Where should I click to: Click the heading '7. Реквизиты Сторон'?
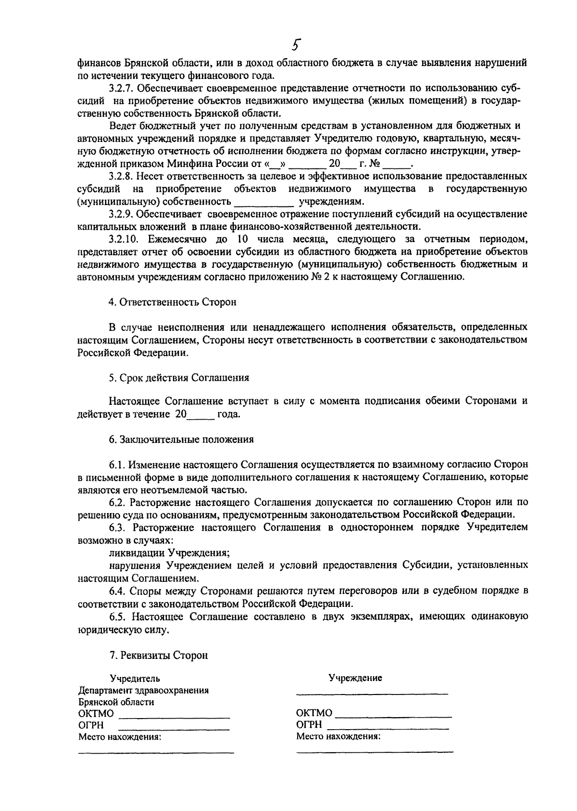click(x=159, y=655)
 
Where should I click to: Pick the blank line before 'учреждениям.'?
click(x=263, y=202)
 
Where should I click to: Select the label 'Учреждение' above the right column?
click(x=355, y=678)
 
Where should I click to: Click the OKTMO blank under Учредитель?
click(x=174, y=714)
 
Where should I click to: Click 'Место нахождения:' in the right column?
click(x=338, y=736)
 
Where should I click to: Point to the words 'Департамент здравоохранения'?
click(x=143, y=690)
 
